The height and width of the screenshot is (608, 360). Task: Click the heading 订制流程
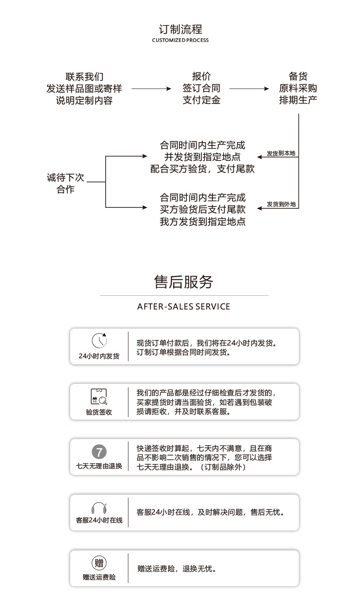coord(180,30)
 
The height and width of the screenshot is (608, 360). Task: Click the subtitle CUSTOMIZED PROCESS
coord(180,41)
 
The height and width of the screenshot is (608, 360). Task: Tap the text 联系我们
coord(84,77)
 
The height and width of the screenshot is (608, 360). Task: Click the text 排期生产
coord(298,100)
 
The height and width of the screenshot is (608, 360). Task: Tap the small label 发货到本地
coord(281,154)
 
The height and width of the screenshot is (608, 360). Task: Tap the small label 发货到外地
coord(281,205)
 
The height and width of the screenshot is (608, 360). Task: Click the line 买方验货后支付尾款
coord(202,210)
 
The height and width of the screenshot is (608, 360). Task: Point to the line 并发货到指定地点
coord(202,157)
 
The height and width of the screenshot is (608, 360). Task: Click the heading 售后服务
coord(184,282)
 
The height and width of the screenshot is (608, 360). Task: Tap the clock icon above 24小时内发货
coord(99,341)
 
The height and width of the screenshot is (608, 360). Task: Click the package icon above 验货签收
coord(99,397)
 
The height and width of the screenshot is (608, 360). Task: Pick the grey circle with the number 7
coord(99,452)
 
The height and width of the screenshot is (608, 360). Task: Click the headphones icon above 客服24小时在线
coord(99,508)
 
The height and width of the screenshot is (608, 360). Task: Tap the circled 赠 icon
coord(99,563)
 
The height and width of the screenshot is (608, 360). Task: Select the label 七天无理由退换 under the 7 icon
coord(99,466)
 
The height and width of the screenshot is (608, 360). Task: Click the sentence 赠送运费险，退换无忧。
coord(177,569)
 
